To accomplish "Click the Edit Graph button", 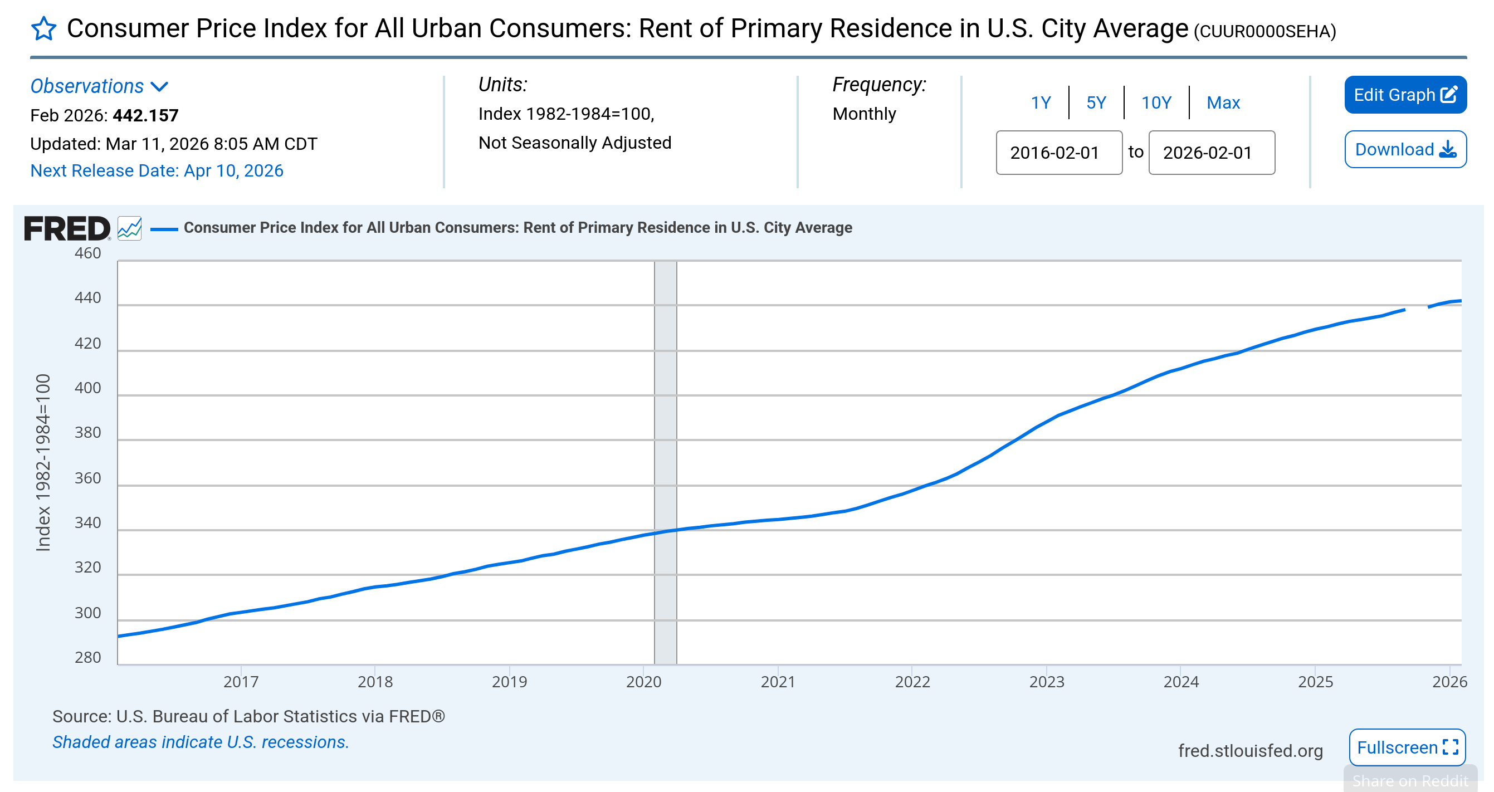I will pos(1405,95).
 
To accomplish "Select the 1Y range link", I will pos(1041,102).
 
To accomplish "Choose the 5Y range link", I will pos(1096,102).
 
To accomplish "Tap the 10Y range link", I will pos(1156,102).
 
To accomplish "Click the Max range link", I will pos(1223,102).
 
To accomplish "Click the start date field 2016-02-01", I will pos(1058,153).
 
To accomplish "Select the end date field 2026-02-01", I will pos(1211,153).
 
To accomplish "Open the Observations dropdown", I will pos(99,86).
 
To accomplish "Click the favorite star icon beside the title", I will pos(43,29).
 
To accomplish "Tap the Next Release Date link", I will pos(157,170).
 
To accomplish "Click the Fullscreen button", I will pos(1407,747).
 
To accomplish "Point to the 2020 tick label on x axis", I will pos(643,682).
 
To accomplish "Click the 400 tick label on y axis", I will pos(87,388).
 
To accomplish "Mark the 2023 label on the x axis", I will pos(1046,682).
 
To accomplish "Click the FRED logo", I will pos(67,228).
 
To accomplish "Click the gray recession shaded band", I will pos(665,406).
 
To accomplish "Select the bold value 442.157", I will pos(145,115).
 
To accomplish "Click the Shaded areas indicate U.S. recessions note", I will pos(201,742).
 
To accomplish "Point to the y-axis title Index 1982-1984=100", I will pos(43,462).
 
